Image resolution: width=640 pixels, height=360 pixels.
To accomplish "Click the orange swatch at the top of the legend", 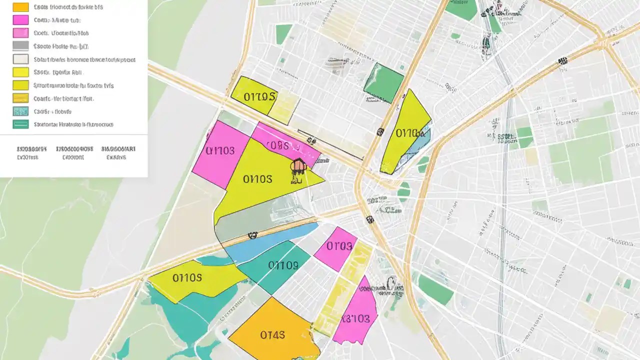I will pos(20,7).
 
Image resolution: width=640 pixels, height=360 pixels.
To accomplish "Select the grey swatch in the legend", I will pos(20,46).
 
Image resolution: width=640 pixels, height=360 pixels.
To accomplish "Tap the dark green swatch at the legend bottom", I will pos(20,124).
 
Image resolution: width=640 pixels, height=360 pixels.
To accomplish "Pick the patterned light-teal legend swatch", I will pos(20,111).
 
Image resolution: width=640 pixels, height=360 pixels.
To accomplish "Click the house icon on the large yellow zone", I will pos(298,166).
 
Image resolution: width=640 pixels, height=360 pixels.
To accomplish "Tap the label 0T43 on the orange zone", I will pos(272,334).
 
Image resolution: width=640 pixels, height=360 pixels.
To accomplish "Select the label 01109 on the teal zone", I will pos(282,265).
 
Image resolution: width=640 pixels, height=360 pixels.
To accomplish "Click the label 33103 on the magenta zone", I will pos(356,318).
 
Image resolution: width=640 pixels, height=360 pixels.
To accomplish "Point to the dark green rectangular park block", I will pos(383,83).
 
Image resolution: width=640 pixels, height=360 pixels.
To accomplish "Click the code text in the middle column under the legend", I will pos(74,152).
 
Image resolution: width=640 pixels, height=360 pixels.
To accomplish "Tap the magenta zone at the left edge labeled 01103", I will pos(220,152).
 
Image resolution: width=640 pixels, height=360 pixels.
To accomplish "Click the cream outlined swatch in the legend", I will pos(20,59).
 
